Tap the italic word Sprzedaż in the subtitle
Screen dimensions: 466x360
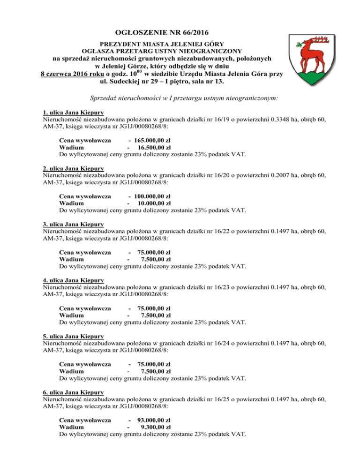(104, 98)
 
